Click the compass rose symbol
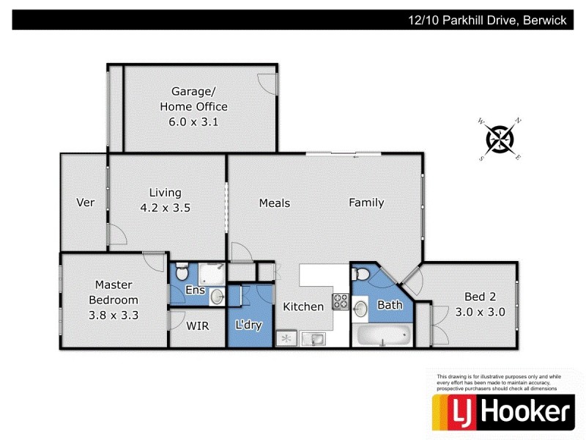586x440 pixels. click(x=500, y=139)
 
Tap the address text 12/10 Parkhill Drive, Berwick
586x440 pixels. click(x=487, y=21)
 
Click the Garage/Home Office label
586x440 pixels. click(x=193, y=106)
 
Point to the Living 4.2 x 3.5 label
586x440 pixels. click(x=166, y=200)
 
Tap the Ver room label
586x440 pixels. click(x=86, y=202)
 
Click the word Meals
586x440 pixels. click(x=275, y=203)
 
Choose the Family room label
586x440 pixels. click(x=366, y=203)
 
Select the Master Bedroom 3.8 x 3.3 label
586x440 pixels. click(x=114, y=300)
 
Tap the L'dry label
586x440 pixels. click(x=248, y=324)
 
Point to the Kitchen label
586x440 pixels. click(x=303, y=307)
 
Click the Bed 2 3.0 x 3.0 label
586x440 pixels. click(x=481, y=304)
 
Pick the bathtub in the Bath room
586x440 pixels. click(x=381, y=336)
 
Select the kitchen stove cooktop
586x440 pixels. click(x=341, y=301)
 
